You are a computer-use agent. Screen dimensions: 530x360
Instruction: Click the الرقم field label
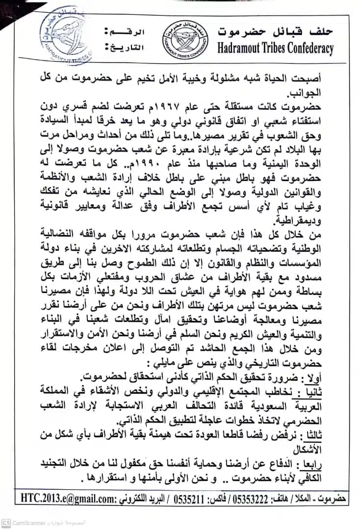tap(126, 32)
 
